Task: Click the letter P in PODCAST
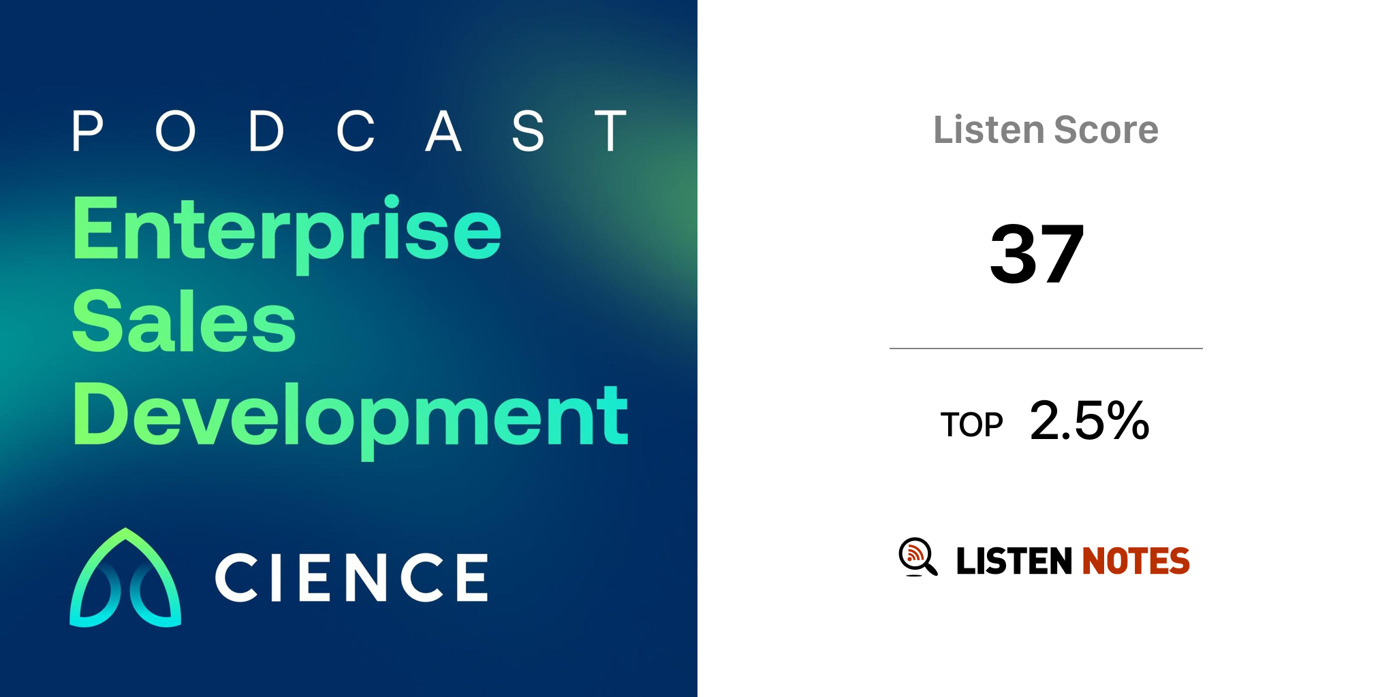tap(87, 131)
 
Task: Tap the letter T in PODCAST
tap(610, 131)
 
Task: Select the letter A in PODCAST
tap(443, 131)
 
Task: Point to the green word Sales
tap(184, 321)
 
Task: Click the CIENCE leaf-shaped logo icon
tap(125, 577)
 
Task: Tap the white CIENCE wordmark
tap(351, 577)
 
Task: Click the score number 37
tap(1037, 254)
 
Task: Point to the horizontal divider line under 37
tap(1046, 348)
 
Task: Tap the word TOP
tap(972, 425)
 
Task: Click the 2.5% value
tap(1090, 420)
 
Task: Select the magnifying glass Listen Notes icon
tap(918, 557)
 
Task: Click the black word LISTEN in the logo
tap(1014, 561)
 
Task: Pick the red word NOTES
tap(1135, 561)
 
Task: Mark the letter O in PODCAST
tap(176, 131)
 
